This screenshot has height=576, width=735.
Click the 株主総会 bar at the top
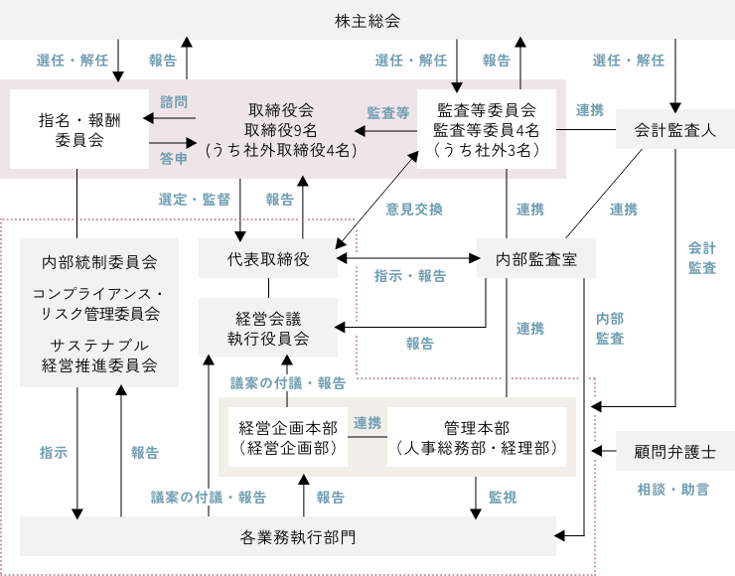367,21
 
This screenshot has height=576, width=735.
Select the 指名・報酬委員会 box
76,129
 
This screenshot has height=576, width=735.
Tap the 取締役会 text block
282,130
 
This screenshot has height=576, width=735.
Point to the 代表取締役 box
268,259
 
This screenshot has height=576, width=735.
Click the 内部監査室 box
536,259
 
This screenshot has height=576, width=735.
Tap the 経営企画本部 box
288,438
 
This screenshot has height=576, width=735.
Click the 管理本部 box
477,438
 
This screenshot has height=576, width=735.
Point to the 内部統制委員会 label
99,263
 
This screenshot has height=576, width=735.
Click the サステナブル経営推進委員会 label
99,355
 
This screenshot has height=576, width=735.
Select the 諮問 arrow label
174,101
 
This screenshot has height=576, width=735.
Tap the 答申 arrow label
174,158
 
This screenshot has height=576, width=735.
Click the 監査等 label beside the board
388,112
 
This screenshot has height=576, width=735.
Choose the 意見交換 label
414,210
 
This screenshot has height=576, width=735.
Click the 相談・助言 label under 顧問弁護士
672,490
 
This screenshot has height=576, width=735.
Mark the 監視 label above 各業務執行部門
502,497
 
